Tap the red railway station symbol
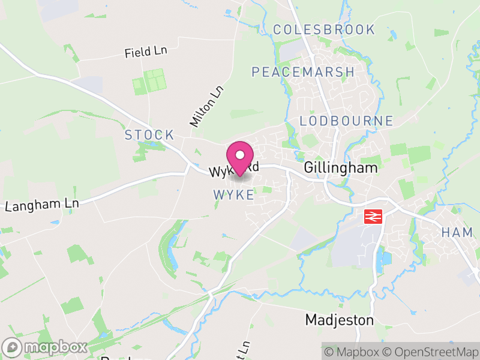click(x=373, y=216)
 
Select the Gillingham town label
click(x=341, y=167)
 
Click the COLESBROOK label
click(x=323, y=29)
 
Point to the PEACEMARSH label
click(x=303, y=72)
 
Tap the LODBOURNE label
click(x=346, y=121)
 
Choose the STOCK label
click(x=149, y=135)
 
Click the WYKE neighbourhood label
click(x=233, y=195)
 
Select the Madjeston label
click(x=339, y=320)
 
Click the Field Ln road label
click(x=146, y=52)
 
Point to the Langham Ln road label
click(x=42, y=205)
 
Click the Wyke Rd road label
click(x=233, y=169)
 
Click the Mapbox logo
click(x=46, y=347)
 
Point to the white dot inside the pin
click(x=240, y=155)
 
